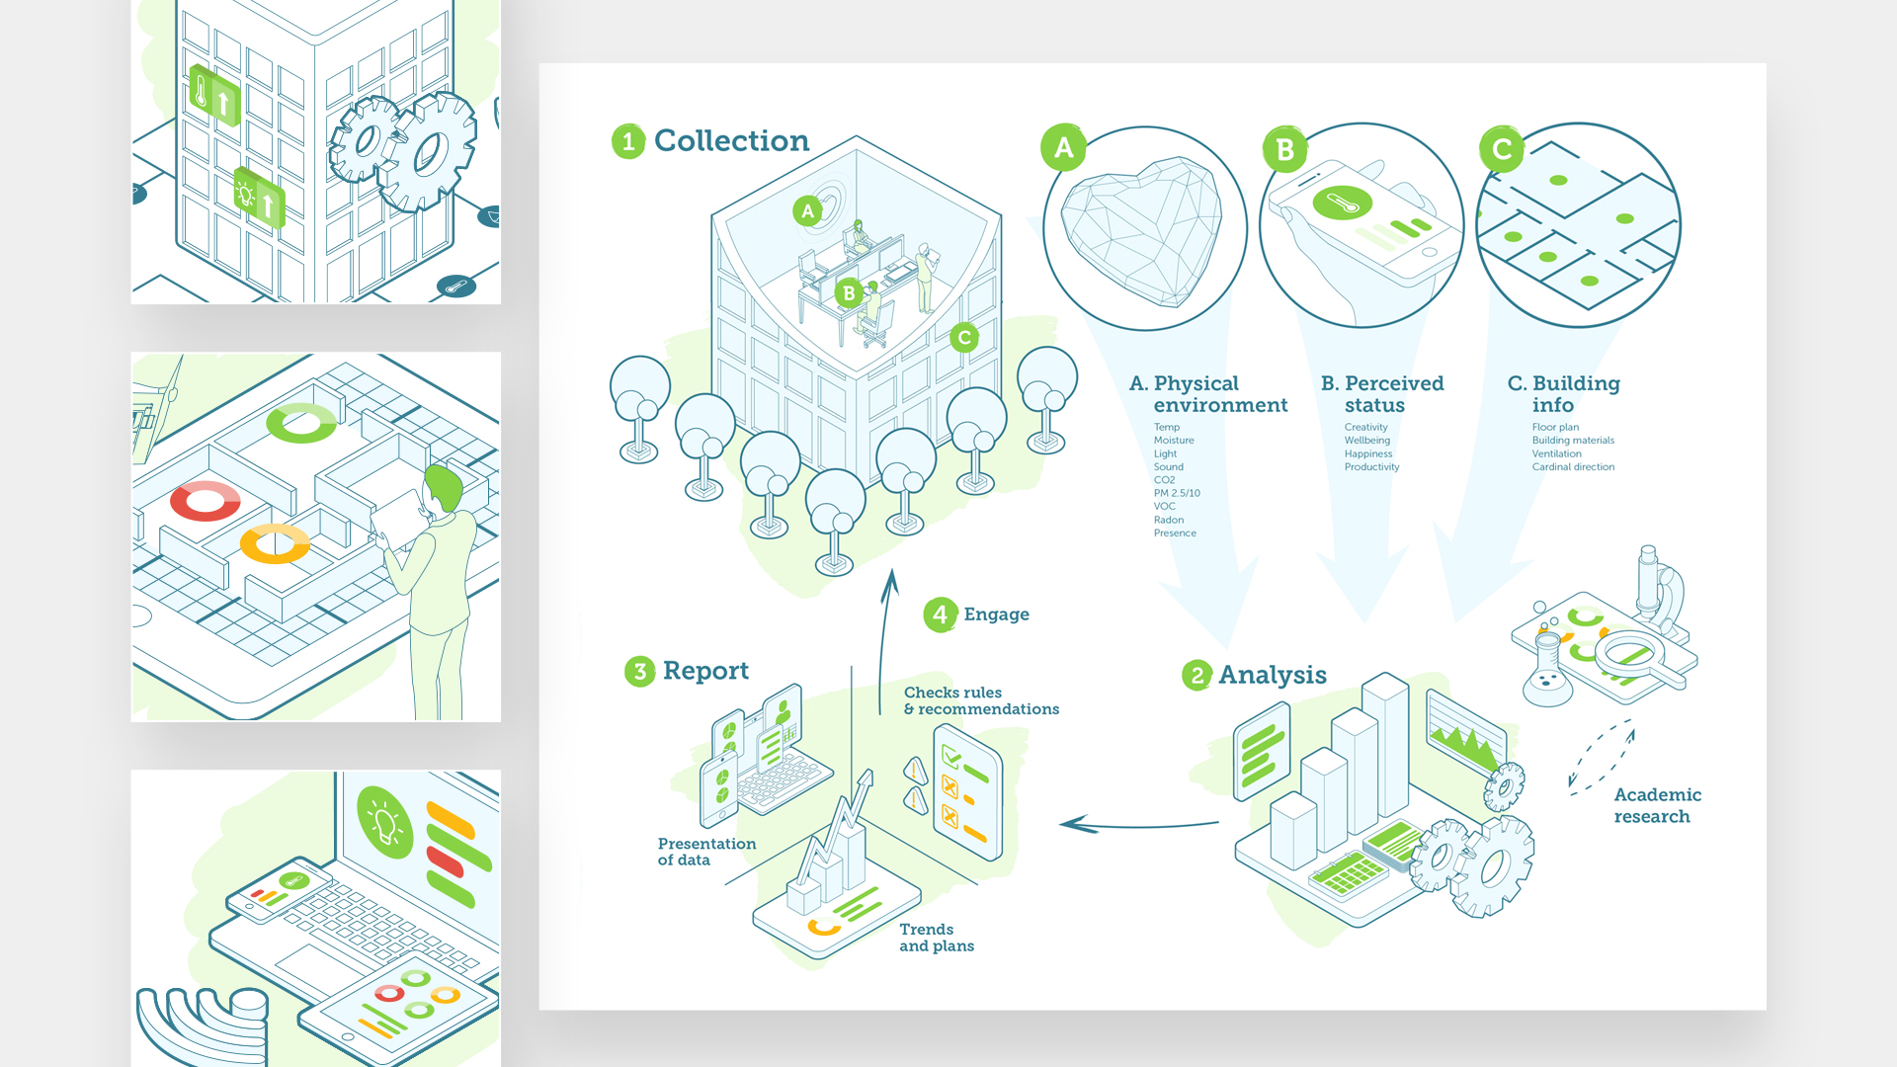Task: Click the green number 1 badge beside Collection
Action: (x=628, y=141)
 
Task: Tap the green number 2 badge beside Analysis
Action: (x=1197, y=676)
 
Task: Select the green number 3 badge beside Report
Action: (x=640, y=672)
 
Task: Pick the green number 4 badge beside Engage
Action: (x=941, y=615)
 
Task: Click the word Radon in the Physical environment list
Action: (x=1169, y=520)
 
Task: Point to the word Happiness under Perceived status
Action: (x=1368, y=453)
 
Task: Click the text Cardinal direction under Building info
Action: (x=1573, y=467)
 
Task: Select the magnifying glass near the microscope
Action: (x=1635, y=658)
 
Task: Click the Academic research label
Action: (x=1657, y=805)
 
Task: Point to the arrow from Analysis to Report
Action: (x=1139, y=825)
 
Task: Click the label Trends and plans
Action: (x=937, y=938)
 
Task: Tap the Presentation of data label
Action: (x=706, y=852)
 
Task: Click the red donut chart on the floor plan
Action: (x=206, y=501)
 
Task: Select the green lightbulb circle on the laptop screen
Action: (x=384, y=822)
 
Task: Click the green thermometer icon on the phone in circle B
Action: (x=1342, y=204)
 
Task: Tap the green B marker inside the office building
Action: (x=849, y=293)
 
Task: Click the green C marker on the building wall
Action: (x=964, y=338)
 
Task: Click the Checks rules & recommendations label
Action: (x=981, y=700)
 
